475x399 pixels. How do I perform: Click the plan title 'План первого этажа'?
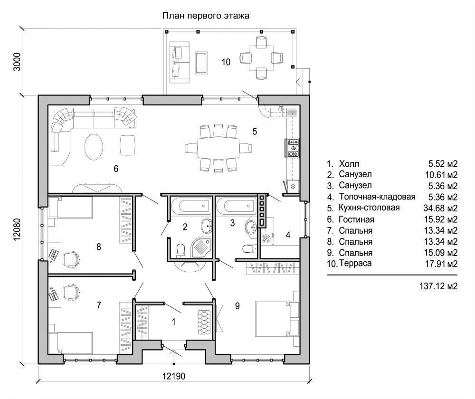(x=206, y=16)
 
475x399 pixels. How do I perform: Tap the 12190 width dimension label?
(x=173, y=376)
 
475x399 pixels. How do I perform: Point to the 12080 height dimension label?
(x=17, y=229)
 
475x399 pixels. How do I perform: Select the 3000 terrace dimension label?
(x=17, y=62)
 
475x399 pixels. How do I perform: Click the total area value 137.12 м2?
(x=438, y=286)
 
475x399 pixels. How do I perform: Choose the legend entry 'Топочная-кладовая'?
(x=377, y=197)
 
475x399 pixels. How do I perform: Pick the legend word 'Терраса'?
(x=355, y=263)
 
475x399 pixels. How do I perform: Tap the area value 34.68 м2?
(x=440, y=208)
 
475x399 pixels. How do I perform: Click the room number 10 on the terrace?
(x=226, y=62)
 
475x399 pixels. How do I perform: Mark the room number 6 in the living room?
(x=116, y=169)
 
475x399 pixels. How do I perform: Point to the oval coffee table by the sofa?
(x=94, y=147)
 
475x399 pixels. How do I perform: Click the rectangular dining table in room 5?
(x=218, y=148)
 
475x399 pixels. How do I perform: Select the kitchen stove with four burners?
(x=292, y=148)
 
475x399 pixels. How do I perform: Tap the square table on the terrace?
(x=261, y=58)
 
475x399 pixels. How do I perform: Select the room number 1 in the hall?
(x=173, y=322)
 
